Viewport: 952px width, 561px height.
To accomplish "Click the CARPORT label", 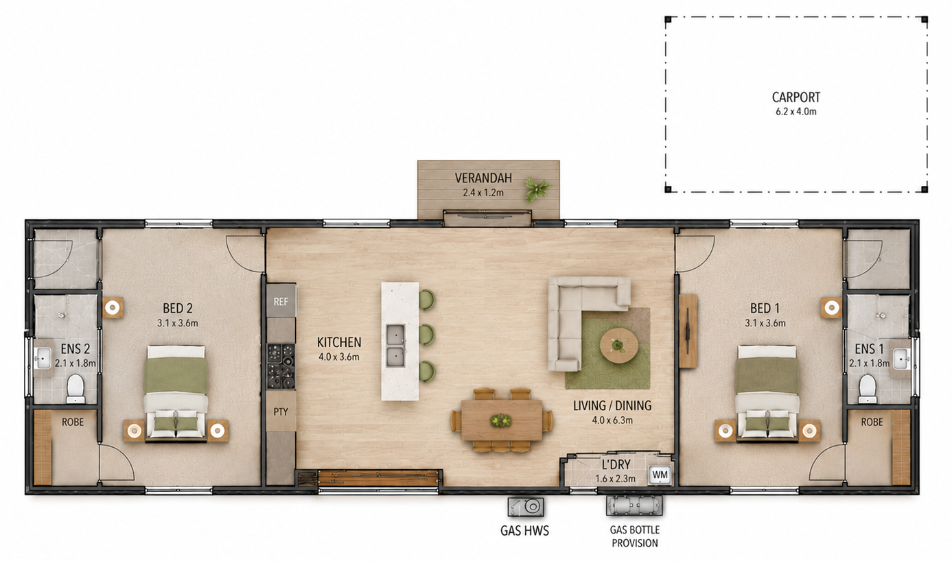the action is click(796, 97).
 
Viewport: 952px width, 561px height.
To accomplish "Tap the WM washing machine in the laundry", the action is click(660, 475).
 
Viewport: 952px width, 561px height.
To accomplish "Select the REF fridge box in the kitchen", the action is click(281, 301).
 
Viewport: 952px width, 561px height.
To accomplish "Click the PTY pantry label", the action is click(281, 411).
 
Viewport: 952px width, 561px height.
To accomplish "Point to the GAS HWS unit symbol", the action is click(526, 507).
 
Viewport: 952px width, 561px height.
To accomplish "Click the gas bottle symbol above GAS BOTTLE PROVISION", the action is click(634, 505).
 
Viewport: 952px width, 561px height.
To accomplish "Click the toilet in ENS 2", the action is click(76, 388).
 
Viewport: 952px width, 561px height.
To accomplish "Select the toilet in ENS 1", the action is click(868, 388).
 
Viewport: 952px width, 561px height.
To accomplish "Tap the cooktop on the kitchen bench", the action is click(281, 366).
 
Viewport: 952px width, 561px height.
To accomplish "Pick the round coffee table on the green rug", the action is click(619, 345).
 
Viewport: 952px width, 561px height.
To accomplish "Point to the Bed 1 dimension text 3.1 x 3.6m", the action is click(765, 323).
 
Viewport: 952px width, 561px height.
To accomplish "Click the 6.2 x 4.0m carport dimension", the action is click(796, 112).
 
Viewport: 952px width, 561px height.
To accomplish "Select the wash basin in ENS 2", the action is click(43, 358).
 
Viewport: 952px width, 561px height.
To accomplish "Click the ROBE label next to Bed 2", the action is click(73, 422).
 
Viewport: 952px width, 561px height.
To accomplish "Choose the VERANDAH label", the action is click(483, 178).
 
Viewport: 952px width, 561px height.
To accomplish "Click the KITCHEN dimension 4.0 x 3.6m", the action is click(339, 357).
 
